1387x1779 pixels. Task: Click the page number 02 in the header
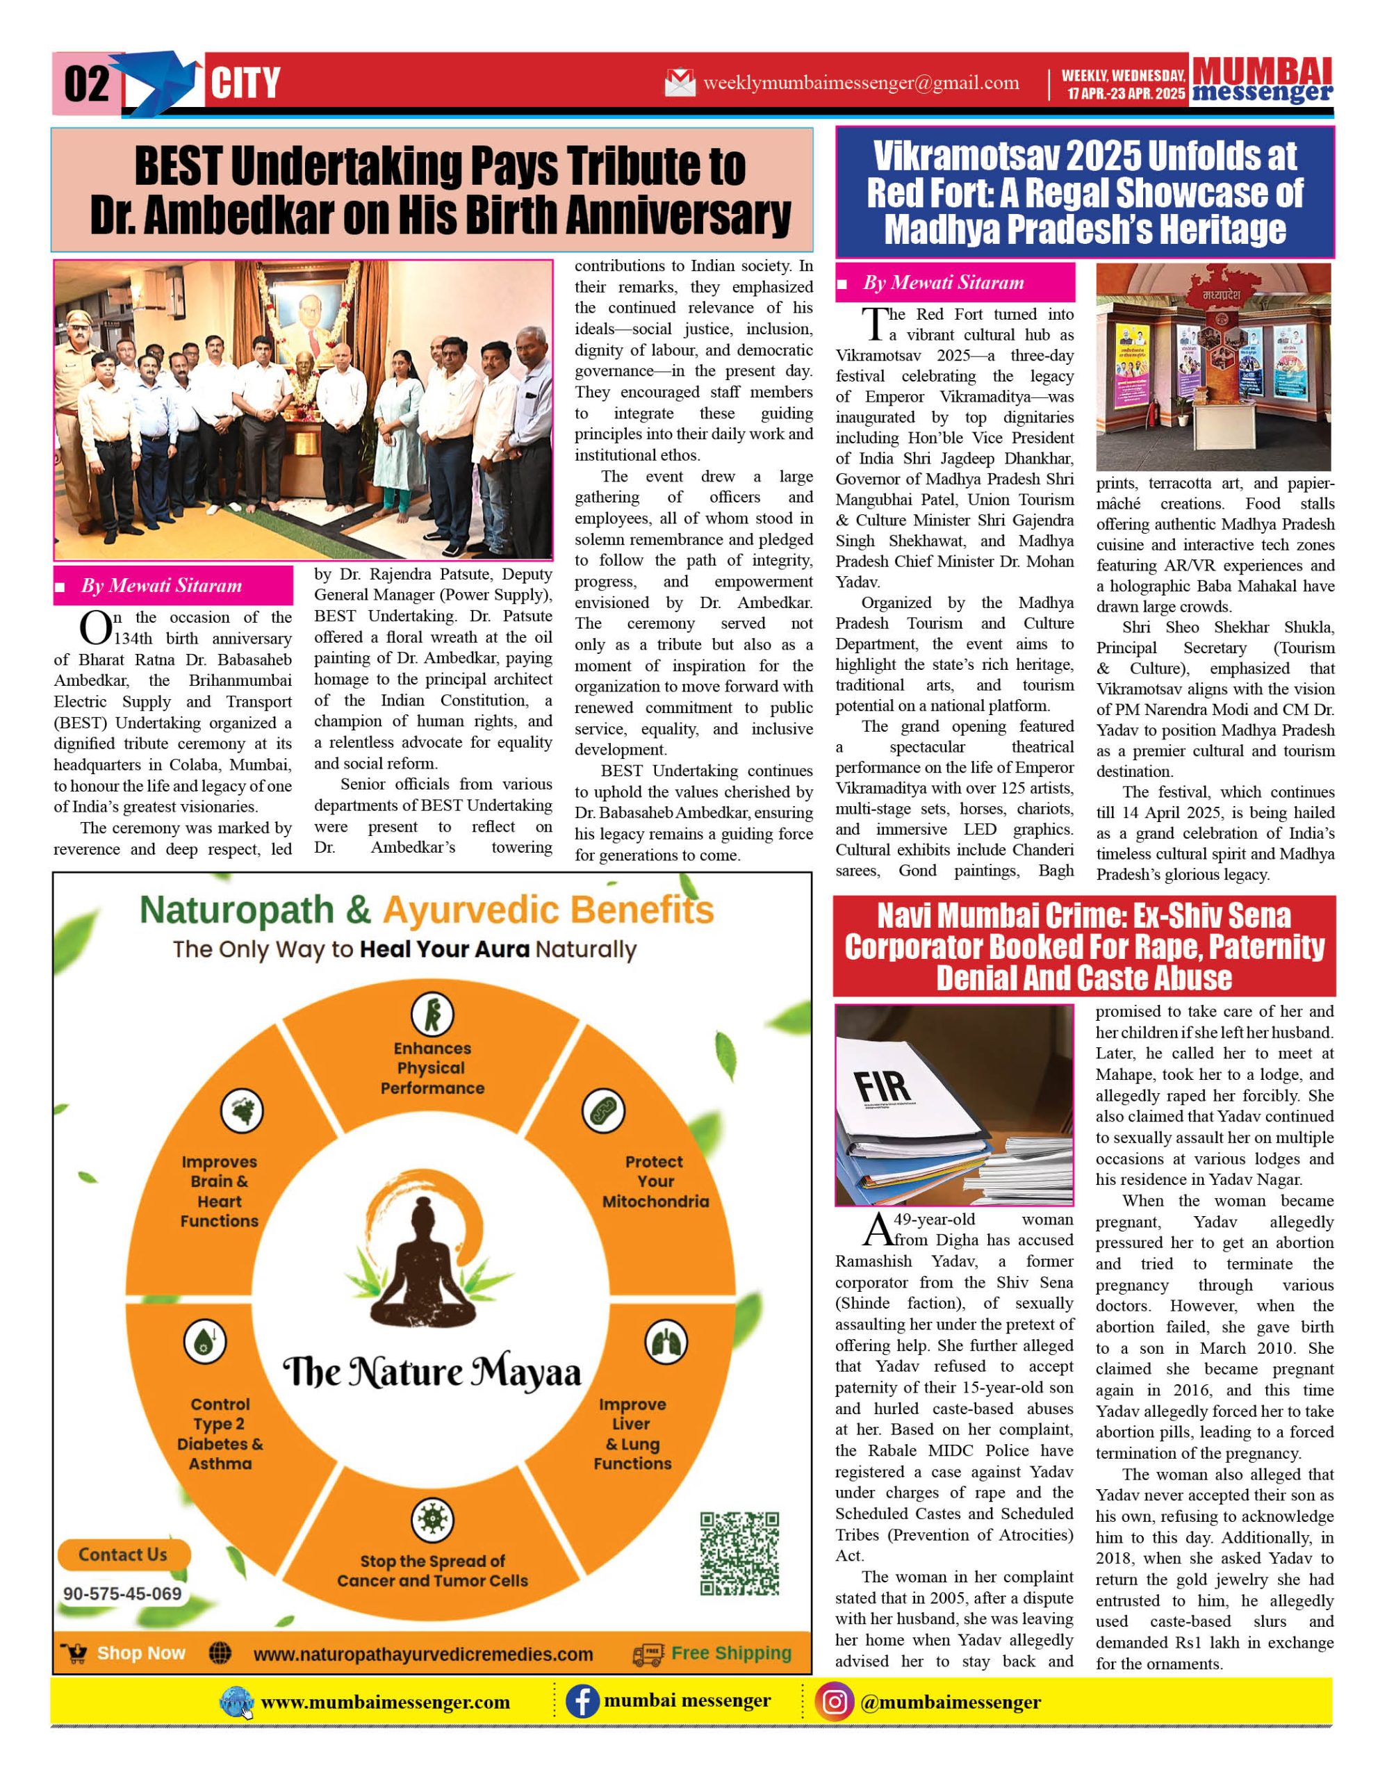tap(85, 84)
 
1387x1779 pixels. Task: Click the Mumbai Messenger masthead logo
tap(1262, 81)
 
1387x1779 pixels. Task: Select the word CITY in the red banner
tap(245, 84)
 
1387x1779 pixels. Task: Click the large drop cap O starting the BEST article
tap(95, 628)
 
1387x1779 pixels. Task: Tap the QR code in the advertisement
tap(739, 1552)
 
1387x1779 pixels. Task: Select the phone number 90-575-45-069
tap(122, 1593)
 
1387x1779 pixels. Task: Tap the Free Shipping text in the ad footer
tap(730, 1653)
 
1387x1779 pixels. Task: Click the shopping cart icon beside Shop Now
tap(76, 1653)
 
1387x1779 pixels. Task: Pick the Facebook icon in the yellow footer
tap(582, 1703)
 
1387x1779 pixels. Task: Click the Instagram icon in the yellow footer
tap(834, 1703)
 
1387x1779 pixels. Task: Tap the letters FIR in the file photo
tap(885, 1085)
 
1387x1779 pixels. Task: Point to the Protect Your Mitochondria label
tap(655, 1181)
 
